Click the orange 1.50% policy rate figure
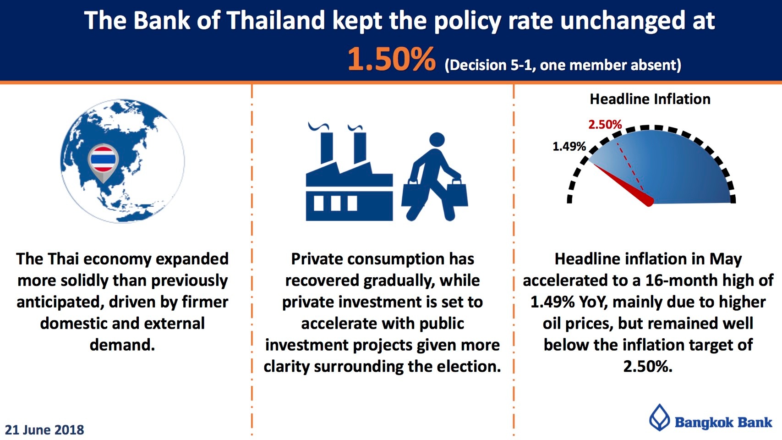pos(392,60)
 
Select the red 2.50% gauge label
pos(605,124)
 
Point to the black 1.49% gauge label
pos(569,146)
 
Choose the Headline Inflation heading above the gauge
pos(650,99)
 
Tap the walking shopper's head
pos(437,140)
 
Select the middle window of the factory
pos(335,203)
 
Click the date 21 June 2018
pos(44,430)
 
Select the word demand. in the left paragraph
pos(122,345)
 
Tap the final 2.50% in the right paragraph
pos(648,367)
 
